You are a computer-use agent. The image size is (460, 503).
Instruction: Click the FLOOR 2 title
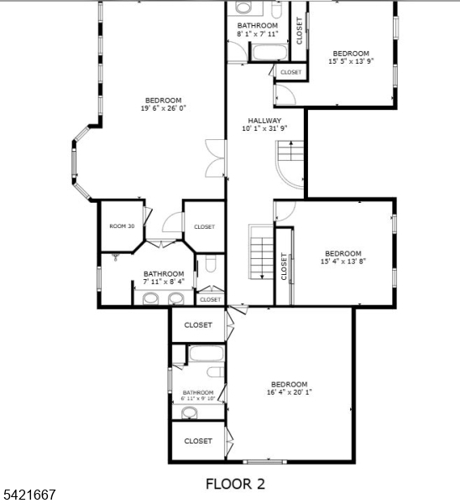236,484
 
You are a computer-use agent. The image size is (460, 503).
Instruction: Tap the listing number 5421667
29,495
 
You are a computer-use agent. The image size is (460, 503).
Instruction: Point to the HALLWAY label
264,121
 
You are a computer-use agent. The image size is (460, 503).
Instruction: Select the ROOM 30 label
122,226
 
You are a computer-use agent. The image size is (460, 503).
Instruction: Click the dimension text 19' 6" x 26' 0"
164,108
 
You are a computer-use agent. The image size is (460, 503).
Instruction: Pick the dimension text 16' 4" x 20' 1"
290,392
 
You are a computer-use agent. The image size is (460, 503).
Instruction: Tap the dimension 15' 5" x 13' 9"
351,61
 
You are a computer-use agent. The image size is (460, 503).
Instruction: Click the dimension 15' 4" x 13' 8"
343,261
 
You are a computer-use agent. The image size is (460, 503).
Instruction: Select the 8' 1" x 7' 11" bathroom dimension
258,34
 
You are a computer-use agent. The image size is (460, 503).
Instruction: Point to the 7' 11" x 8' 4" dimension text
164,282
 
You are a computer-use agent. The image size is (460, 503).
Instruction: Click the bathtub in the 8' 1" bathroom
269,52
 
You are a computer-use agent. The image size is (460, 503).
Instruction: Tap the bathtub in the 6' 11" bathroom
206,353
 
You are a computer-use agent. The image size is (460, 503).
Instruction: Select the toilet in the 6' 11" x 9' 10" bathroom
215,372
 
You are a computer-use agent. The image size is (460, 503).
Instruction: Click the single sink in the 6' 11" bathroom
190,412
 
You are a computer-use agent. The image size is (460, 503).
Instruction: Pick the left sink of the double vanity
150,298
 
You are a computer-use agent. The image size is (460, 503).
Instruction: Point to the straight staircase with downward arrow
262,252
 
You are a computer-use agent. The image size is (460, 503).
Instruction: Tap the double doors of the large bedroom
215,158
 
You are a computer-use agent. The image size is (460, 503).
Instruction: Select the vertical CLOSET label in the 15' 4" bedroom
284,267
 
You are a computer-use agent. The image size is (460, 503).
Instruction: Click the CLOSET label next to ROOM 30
204,227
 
